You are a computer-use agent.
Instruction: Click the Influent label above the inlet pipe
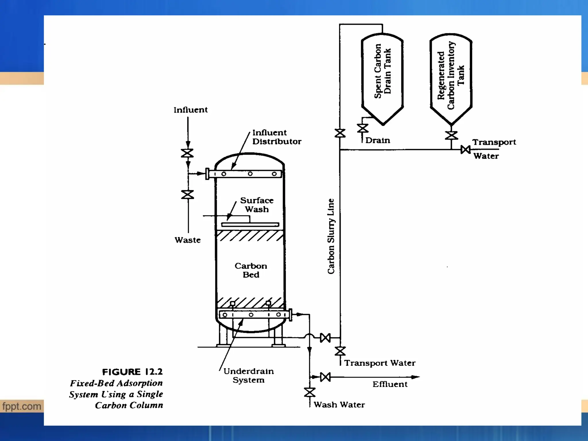pyautogui.click(x=190, y=110)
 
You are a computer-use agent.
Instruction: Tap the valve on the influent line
pyautogui.click(x=187, y=153)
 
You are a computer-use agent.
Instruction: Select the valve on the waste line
pyautogui.click(x=187, y=195)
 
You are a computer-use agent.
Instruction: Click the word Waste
pyautogui.click(x=187, y=240)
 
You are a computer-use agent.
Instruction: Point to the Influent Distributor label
pyautogui.click(x=276, y=137)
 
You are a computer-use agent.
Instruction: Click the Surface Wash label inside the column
pyautogui.click(x=257, y=205)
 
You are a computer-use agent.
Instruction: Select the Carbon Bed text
pyautogui.click(x=251, y=270)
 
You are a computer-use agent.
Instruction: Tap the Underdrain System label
pyautogui.click(x=248, y=376)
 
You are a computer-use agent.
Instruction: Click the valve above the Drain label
pyautogui.click(x=363, y=128)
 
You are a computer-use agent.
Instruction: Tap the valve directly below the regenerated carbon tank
pyautogui.click(x=451, y=135)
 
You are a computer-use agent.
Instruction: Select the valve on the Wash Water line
pyautogui.click(x=310, y=392)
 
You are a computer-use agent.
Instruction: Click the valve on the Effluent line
pyautogui.click(x=325, y=377)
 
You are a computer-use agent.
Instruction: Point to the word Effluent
pyautogui.click(x=390, y=384)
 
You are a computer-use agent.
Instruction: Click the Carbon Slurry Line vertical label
pyautogui.click(x=331, y=236)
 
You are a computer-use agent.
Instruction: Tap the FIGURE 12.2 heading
pyautogui.click(x=132, y=372)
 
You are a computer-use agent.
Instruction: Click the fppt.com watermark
pyautogui.click(x=22, y=406)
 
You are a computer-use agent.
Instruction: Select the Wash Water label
pyautogui.click(x=339, y=405)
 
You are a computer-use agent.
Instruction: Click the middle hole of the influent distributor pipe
pyautogui.click(x=250, y=174)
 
